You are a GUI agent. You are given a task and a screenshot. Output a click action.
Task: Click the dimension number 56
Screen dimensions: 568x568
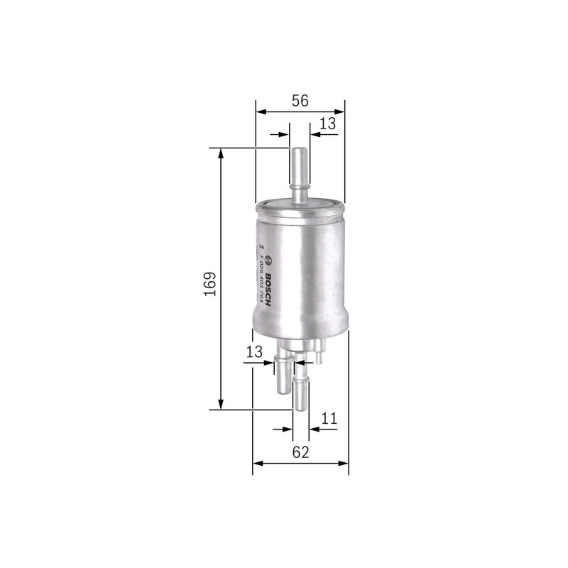[300, 101]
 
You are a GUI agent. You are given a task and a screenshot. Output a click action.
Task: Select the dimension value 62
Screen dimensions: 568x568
[300, 452]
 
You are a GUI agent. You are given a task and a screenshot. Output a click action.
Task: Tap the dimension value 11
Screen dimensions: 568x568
[327, 419]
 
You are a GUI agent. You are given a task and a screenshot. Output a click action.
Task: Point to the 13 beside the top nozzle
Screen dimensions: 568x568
[327, 124]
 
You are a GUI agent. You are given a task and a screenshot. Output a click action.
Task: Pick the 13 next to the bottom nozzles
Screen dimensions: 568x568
[254, 351]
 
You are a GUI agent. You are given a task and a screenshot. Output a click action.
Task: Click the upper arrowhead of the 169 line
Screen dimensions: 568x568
[222, 153]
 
